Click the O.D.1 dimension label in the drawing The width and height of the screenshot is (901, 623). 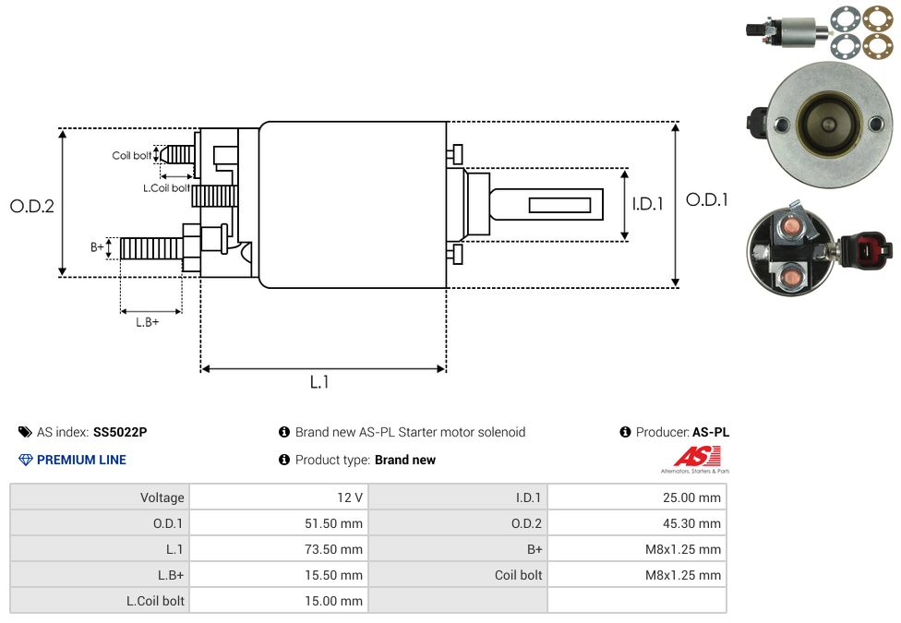point(707,199)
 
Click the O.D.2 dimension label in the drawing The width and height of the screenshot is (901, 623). point(32,207)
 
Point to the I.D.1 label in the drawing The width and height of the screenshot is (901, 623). point(647,204)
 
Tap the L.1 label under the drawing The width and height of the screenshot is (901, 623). point(319,382)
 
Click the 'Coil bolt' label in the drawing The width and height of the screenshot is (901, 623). point(132,156)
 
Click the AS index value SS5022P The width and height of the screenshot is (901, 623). point(120,432)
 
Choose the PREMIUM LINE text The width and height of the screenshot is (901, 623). point(81,460)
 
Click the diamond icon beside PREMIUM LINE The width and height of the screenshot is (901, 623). point(26,460)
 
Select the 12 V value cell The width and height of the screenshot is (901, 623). point(350,497)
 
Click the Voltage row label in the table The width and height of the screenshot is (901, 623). point(162,497)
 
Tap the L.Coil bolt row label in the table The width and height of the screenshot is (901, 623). point(155,601)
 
